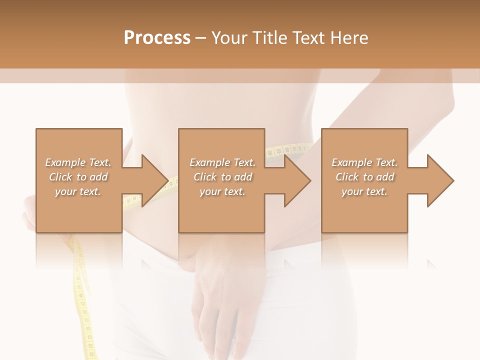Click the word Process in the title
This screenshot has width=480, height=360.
click(x=157, y=38)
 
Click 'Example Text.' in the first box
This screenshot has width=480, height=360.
click(x=78, y=162)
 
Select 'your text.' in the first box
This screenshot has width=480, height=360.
click(x=78, y=191)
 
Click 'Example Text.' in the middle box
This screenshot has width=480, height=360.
click(x=222, y=162)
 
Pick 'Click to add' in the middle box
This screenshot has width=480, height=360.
click(x=222, y=177)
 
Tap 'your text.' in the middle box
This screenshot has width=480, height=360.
click(x=222, y=191)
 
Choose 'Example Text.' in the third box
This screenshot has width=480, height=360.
click(x=364, y=162)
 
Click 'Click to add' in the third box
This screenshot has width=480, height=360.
click(x=364, y=177)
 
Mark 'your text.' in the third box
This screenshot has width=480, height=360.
click(x=364, y=191)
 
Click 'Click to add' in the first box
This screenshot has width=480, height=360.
click(x=78, y=177)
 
